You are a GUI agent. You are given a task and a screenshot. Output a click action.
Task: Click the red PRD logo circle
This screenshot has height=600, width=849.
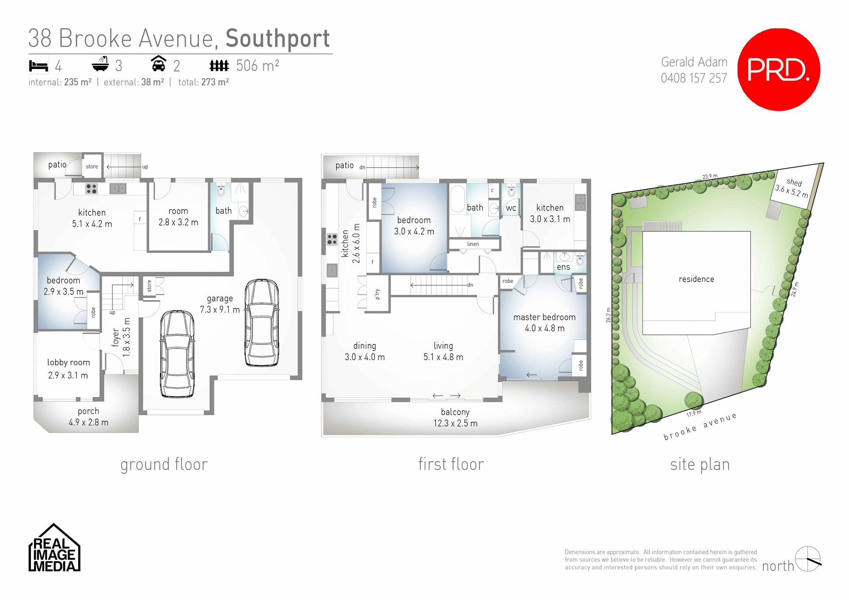779,69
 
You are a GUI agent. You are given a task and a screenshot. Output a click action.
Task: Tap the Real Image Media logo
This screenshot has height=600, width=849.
54,549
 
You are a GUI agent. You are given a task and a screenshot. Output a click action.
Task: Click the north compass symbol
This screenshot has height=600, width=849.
808,559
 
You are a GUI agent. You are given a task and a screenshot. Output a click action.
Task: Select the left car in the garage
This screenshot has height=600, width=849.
177,354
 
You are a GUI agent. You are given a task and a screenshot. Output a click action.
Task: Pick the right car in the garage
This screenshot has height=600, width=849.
262,322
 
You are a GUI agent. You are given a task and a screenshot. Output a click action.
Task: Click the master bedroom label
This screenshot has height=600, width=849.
544,317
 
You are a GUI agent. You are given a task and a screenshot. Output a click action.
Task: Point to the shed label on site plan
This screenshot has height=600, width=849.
794,182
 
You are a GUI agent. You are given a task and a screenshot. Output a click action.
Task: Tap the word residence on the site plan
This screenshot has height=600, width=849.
696,279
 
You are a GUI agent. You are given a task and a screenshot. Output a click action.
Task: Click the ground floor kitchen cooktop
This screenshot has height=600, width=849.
92,189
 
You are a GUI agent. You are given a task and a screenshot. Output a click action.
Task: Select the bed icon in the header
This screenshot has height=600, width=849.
38,66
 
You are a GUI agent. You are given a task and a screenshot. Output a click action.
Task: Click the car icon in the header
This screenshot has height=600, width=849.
158,64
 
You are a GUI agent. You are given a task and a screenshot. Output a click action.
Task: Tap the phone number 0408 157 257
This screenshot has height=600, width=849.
694,78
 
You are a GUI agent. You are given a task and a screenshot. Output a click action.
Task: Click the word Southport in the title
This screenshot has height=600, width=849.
277,38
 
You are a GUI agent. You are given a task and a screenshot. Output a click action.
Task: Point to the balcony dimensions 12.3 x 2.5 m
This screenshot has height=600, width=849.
455,423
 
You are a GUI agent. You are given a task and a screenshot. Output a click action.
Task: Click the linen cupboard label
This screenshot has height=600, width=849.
473,244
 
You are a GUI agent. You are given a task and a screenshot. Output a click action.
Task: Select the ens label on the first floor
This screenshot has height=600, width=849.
563,267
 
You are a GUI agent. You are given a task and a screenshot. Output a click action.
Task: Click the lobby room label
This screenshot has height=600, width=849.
69,363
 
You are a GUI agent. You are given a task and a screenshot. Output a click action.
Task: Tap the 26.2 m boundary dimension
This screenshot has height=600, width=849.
608,315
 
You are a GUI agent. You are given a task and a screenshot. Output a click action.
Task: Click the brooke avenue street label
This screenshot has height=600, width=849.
700,427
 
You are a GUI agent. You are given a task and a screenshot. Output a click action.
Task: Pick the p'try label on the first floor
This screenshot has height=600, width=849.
377,294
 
